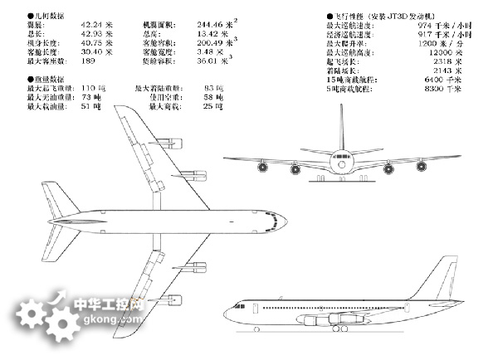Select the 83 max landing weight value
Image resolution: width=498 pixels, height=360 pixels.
tap(213, 88)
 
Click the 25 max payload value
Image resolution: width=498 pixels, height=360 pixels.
tap(213, 106)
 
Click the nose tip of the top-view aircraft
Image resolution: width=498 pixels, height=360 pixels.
tap(285, 221)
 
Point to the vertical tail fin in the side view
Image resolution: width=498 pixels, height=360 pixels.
tap(444, 274)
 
